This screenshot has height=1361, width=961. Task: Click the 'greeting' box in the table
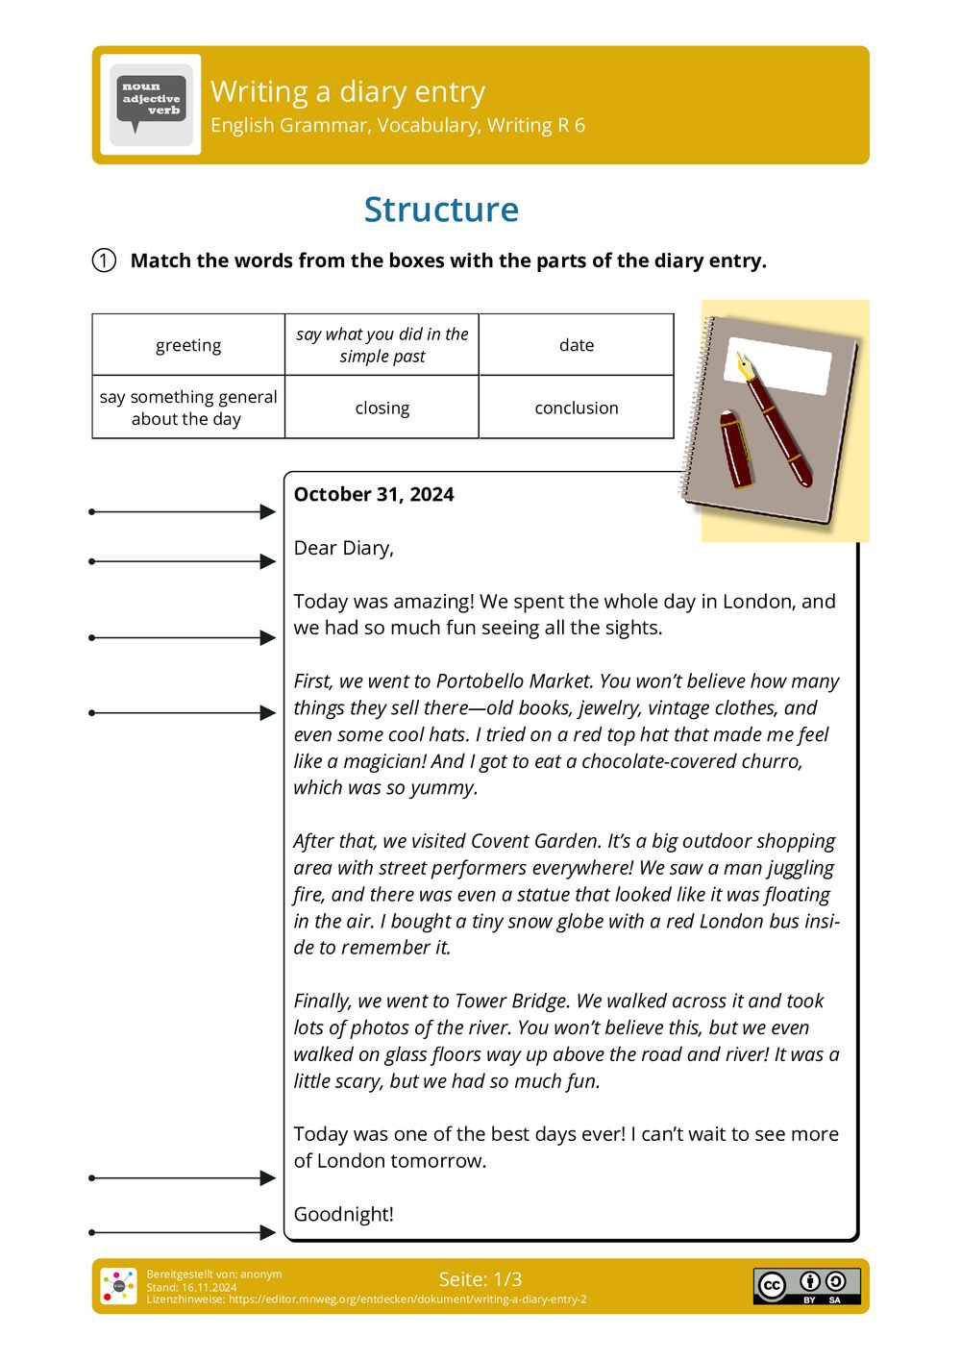coord(188,345)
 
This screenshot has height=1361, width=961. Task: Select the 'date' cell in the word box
coord(576,345)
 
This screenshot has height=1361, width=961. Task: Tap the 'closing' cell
coord(382,408)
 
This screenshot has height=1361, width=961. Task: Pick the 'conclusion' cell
coord(576,408)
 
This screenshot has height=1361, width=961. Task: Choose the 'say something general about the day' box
coord(188,408)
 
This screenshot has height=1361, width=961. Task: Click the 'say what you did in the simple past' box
coord(382,345)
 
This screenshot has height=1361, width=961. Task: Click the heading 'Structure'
coord(441,210)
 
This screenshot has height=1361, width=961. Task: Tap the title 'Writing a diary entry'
coord(348,91)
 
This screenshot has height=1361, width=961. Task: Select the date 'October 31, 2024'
coord(374,494)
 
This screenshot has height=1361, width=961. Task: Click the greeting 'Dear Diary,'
coord(343,548)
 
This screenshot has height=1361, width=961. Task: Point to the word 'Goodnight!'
coord(343,1214)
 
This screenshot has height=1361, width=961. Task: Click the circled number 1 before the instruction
coord(104,260)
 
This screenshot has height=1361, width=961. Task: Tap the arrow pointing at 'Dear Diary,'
coord(183,561)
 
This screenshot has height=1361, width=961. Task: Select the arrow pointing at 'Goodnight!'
coord(183,1232)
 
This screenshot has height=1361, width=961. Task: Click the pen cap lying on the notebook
coord(737,448)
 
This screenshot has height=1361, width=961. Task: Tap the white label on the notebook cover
coord(778,365)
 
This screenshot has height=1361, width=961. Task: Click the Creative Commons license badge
coord(806,1286)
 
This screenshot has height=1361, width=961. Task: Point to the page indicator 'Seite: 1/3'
coord(480,1279)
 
